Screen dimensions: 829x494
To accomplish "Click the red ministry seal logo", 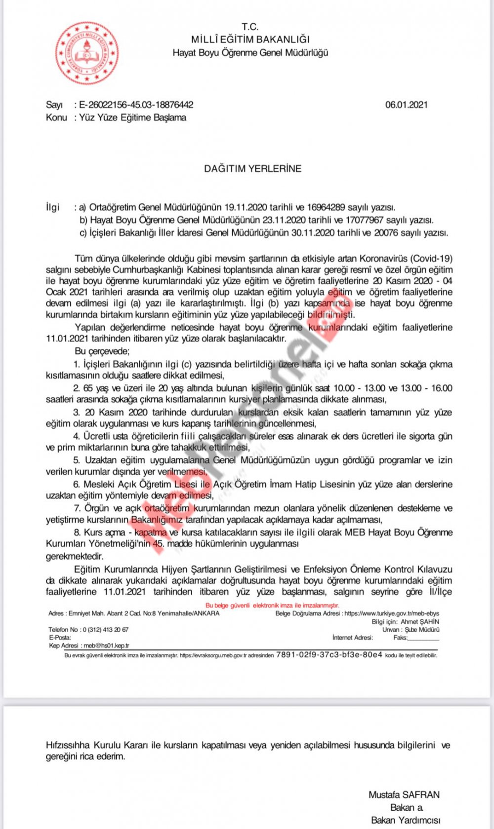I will (86, 53).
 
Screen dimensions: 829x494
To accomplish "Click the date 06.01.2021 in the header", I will (406, 105).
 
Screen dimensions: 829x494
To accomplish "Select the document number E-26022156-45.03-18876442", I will (136, 105).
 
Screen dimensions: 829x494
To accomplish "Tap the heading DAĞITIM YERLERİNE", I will (252, 168).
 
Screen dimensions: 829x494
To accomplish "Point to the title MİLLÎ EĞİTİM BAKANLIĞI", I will (250, 39).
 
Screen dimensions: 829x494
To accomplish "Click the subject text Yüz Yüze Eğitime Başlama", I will (133, 117).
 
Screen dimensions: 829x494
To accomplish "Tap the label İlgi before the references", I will (53, 207).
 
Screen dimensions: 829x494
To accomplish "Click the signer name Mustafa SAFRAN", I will (404, 794).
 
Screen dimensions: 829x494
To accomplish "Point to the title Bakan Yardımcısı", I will (405, 820).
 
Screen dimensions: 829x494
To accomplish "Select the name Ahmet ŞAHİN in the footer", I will (419, 622).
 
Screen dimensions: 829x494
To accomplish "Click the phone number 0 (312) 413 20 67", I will (105, 630).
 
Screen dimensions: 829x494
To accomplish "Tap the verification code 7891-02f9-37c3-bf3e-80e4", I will (329, 655).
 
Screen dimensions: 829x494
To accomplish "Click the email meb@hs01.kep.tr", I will (106, 645).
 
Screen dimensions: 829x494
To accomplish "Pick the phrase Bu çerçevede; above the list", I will (102, 351).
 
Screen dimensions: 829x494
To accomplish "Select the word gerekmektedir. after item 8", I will (68, 556).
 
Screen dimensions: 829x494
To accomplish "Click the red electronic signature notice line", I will (273, 605).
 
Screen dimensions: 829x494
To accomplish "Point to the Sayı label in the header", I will (54, 105).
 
